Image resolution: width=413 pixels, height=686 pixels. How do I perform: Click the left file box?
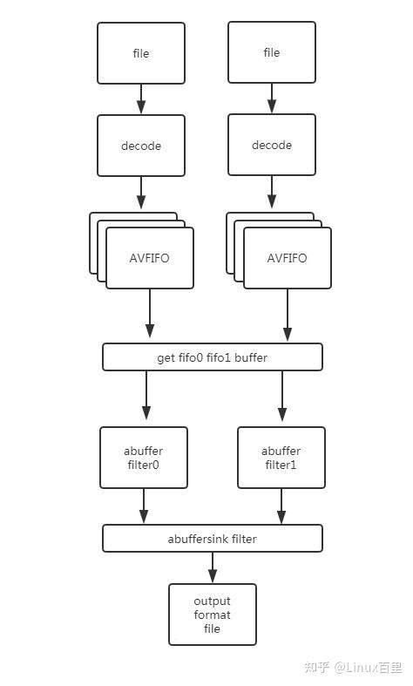(x=141, y=53)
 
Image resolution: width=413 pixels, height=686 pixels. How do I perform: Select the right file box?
(x=271, y=52)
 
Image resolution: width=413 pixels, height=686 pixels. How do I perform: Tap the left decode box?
(x=141, y=146)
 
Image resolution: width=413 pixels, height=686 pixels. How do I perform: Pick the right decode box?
(x=271, y=145)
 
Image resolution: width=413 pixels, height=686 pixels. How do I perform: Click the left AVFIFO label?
(x=150, y=258)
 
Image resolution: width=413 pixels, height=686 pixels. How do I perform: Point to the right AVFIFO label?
(x=287, y=258)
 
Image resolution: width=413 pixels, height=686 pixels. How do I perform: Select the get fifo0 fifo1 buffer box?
(x=212, y=357)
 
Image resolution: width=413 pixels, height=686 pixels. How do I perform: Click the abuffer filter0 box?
(x=143, y=458)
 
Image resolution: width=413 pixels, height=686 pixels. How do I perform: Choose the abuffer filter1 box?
(x=281, y=458)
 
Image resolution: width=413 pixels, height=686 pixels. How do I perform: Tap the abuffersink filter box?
(x=212, y=539)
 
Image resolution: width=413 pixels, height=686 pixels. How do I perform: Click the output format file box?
(x=212, y=615)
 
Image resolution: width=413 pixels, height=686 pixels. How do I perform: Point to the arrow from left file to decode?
(x=141, y=99)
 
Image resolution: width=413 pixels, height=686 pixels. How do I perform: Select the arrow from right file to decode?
(x=271, y=98)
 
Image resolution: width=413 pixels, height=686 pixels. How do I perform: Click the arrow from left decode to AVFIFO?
(x=141, y=192)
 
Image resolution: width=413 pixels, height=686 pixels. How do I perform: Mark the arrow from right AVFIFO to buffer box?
(x=287, y=316)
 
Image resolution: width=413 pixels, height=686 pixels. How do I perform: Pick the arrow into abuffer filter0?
(x=146, y=398)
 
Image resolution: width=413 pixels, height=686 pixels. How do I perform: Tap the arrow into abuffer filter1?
(x=281, y=398)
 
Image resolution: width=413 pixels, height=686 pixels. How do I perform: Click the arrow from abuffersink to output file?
(x=212, y=567)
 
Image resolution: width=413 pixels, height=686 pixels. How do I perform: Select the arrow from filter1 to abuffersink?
(x=281, y=506)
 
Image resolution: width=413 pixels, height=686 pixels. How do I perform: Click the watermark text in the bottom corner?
(x=353, y=667)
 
